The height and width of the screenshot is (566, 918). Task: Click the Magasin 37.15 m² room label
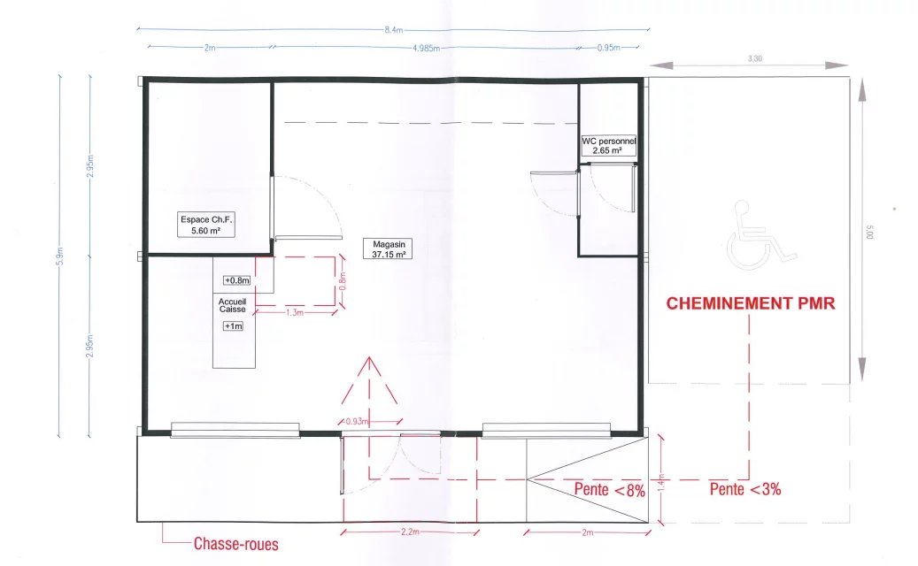(x=388, y=249)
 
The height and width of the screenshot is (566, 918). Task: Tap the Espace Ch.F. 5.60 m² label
(x=206, y=226)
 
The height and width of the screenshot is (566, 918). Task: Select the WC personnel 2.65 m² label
(x=608, y=146)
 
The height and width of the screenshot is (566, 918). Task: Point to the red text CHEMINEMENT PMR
(x=751, y=303)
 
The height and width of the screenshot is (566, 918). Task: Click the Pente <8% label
(x=609, y=489)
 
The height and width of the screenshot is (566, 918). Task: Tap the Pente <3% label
(x=745, y=489)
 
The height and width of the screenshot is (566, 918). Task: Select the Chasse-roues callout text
(x=236, y=544)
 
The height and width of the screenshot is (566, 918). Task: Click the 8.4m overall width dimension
(x=393, y=30)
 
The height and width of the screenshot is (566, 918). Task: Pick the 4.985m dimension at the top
(x=426, y=48)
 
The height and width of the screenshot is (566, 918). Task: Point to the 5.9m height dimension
(x=59, y=256)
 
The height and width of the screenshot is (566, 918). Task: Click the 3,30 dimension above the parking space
(x=754, y=58)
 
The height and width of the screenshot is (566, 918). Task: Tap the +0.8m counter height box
(x=236, y=280)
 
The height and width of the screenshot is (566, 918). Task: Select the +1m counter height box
(x=233, y=326)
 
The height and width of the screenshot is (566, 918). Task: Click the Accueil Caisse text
(x=233, y=305)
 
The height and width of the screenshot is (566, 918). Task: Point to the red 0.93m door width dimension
(x=357, y=421)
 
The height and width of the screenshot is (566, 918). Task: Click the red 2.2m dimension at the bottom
(x=411, y=532)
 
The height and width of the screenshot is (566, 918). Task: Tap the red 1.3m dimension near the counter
(x=295, y=313)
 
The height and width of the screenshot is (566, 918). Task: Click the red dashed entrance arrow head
(x=369, y=380)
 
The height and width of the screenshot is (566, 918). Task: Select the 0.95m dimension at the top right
(x=608, y=48)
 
